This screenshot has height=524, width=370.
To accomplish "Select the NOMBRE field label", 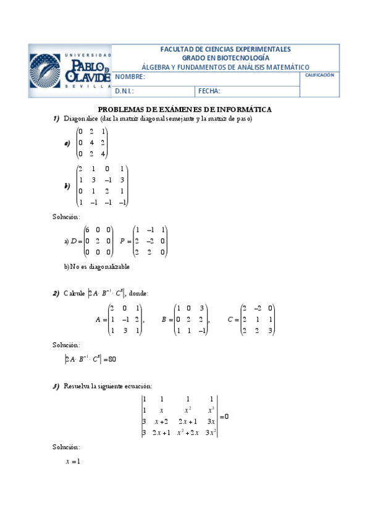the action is [130, 78].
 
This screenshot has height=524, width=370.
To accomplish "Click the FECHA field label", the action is [209, 91].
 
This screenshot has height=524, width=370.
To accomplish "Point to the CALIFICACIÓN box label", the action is [319, 75].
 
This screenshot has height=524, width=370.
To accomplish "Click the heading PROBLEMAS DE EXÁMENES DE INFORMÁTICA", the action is [185, 109].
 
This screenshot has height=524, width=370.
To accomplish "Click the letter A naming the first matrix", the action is [98, 319].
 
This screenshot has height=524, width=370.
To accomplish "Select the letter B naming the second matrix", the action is [164, 319].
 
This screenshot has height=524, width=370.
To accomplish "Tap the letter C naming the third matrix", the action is [230, 319].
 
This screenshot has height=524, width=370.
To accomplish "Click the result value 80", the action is [112, 359].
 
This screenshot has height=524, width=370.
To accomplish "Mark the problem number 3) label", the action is [56, 386].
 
